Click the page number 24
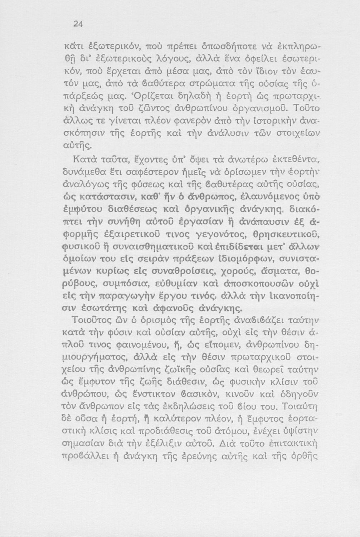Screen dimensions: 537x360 [x=78, y=24]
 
